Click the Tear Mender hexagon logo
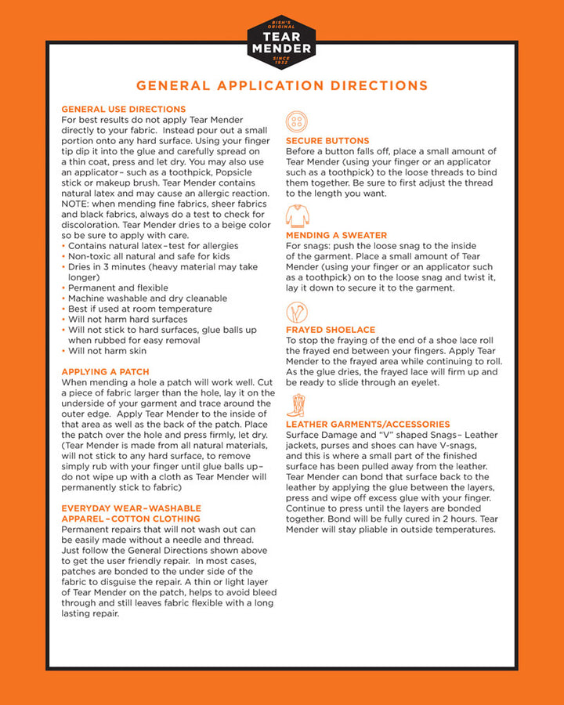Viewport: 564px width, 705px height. point(281,42)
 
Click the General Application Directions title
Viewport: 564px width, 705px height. point(282,86)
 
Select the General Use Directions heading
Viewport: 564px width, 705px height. point(124,109)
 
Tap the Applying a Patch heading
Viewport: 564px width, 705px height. point(105,371)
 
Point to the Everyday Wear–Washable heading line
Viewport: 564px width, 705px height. point(131,508)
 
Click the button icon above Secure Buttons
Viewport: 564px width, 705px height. point(297,121)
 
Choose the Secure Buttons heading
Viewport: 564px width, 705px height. point(327,141)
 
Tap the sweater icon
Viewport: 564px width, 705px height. point(297,215)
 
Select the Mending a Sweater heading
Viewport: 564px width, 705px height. point(336,235)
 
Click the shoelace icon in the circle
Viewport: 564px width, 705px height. point(297,313)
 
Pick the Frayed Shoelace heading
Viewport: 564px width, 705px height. point(331,330)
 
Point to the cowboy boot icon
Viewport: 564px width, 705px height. point(295,405)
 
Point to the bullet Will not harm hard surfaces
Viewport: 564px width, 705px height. point(128,320)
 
